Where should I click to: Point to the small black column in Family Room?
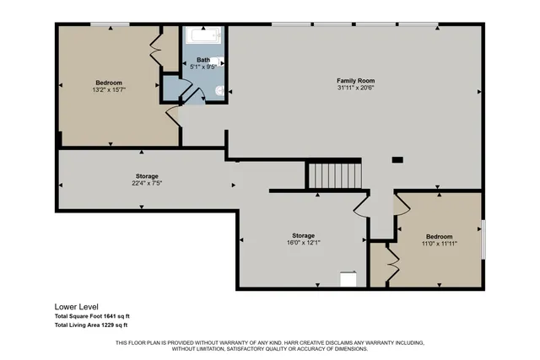click(397, 159)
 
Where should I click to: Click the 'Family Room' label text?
click(354, 80)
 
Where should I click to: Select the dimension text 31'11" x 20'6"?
click(354, 89)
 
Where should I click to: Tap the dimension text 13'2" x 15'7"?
click(109, 89)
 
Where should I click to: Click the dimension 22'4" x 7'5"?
click(146, 184)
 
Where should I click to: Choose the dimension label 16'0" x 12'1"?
click(303, 243)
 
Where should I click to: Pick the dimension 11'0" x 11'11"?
click(439, 244)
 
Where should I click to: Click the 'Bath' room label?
click(203, 60)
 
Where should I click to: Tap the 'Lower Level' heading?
click(77, 307)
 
